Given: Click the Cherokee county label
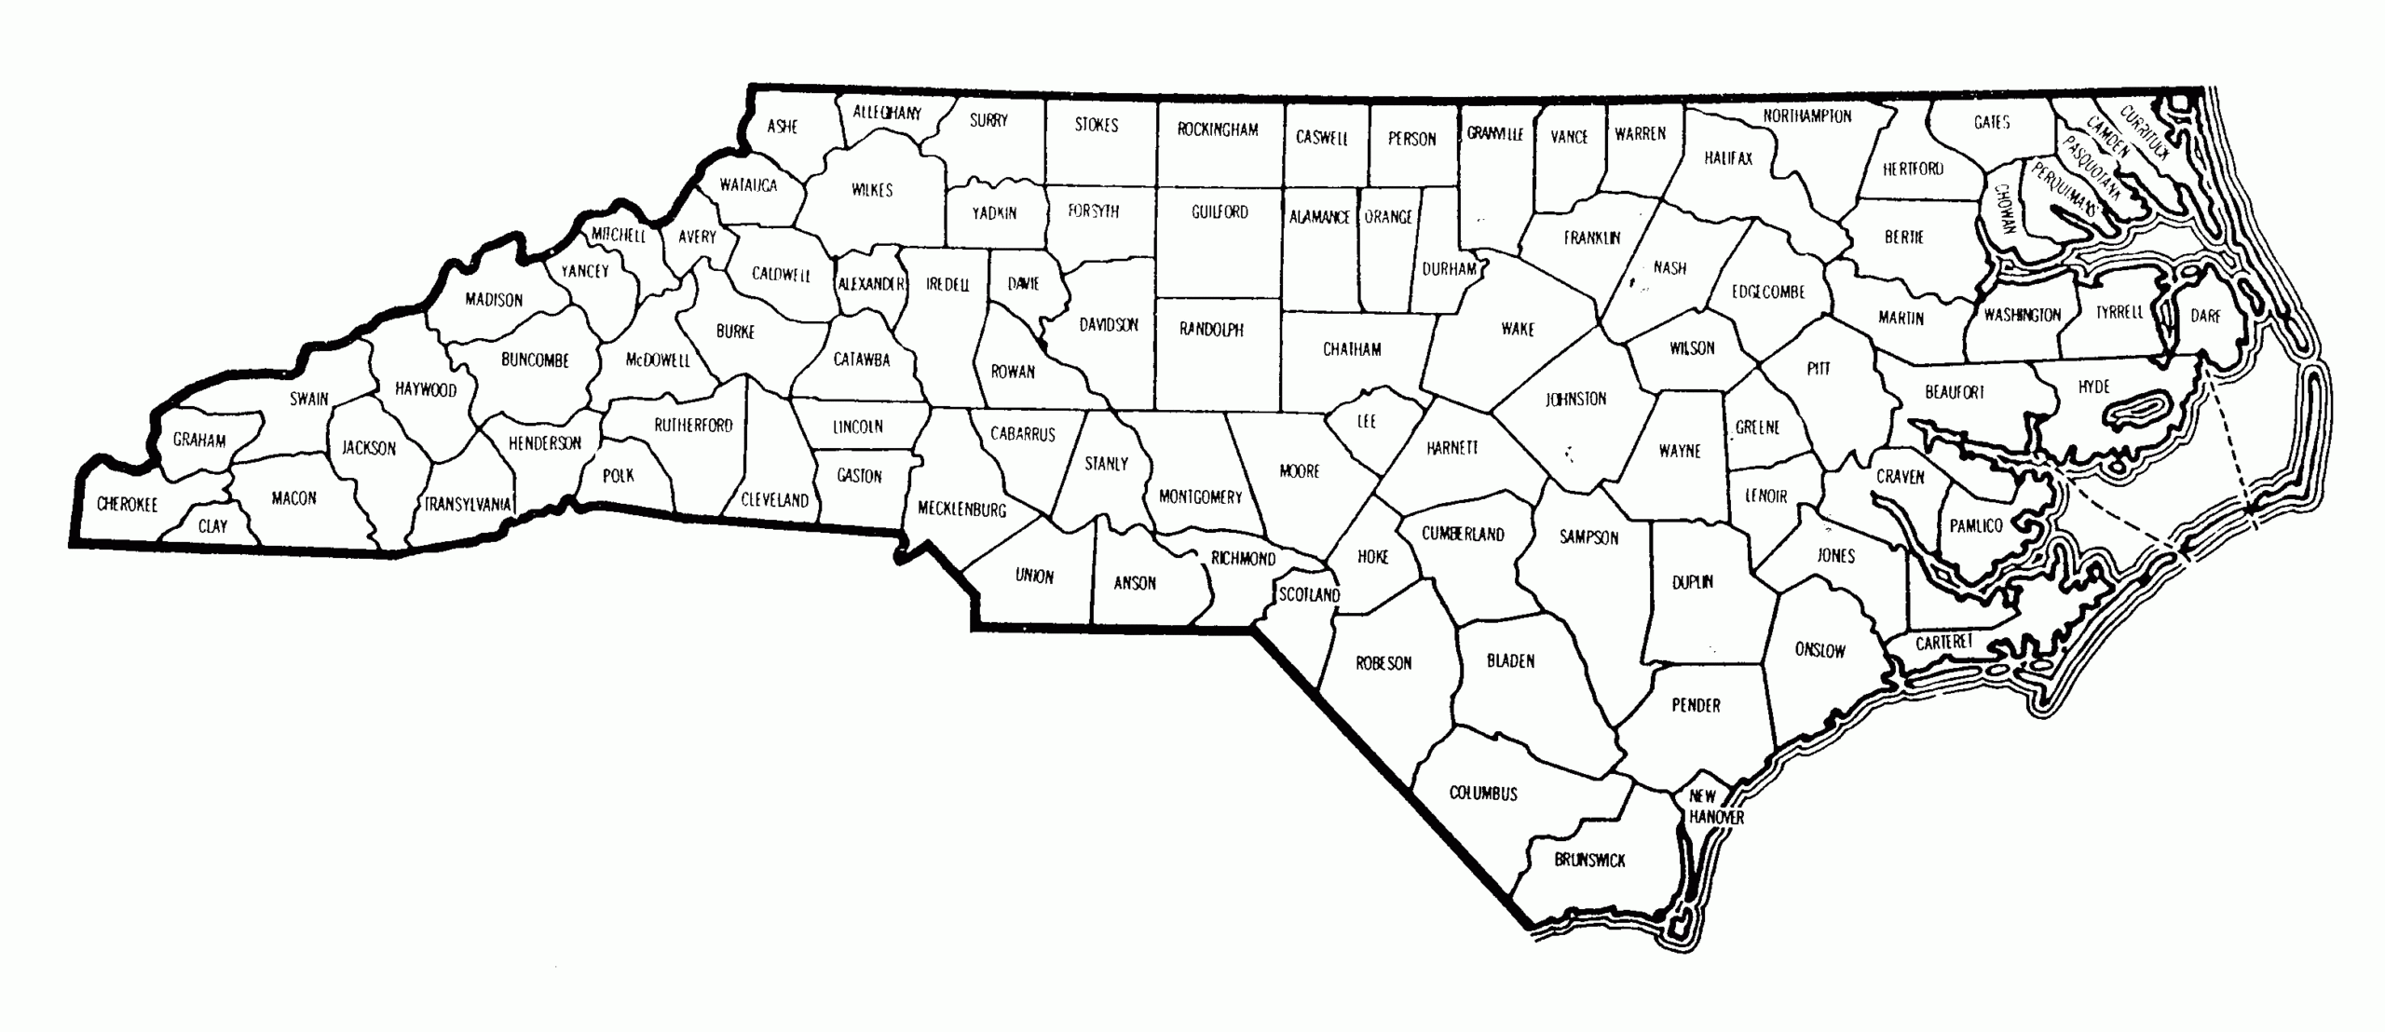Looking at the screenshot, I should click(x=128, y=505).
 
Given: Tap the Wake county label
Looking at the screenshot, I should click(x=1518, y=329).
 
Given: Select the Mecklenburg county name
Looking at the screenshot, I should click(x=961, y=509).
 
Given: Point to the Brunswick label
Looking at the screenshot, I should click(x=1589, y=861).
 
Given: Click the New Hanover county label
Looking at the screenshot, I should click(x=1715, y=807).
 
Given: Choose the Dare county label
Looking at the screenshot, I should click(x=2205, y=316).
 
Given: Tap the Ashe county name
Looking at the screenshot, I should click(x=783, y=127).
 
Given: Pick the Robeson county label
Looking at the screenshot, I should click(x=1383, y=663).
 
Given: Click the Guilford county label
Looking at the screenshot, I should click(x=1220, y=212).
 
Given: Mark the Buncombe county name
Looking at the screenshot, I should click(x=535, y=360).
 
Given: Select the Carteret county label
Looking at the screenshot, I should click(x=1944, y=643).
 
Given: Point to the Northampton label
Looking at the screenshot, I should click(x=1807, y=116).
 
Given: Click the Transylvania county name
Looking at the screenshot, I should click(x=468, y=505).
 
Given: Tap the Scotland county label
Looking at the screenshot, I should click(x=1309, y=594).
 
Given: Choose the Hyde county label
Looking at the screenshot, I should click(x=2093, y=387).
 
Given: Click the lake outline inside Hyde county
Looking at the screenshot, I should click(x=2135, y=411).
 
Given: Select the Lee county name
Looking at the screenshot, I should click(x=1367, y=422).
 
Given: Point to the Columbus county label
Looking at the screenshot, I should click(x=1483, y=794).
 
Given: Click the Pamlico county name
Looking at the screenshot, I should click(x=1976, y=526).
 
